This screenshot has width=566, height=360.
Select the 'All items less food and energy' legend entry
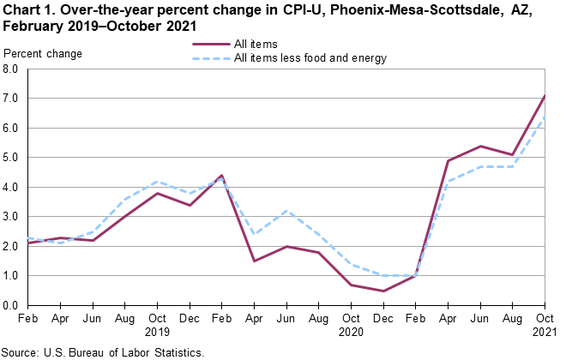coord(310,58)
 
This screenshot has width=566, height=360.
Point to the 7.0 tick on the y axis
coord(11,99)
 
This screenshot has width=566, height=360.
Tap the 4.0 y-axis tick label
coord(11,187)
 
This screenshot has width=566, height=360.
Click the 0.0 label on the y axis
coord(11,305)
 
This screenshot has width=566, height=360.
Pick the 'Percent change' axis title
coord(43,54)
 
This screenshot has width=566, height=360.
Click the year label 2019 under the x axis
coord(156,331)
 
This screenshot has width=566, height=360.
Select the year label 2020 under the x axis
coord(352,331)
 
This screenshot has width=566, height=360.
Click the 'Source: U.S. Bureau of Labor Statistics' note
coord(103,352)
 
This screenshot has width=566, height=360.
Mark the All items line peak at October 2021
coord(545,95)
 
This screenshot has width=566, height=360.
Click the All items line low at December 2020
coord(383,291)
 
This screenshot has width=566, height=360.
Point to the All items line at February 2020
coord(221,175)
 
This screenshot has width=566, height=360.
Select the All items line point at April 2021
coord(449,161)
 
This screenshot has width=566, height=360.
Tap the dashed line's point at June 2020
coord(286,210)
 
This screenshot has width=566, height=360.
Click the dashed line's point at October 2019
coord(156,181)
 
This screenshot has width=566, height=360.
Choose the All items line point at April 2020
coord(254,261)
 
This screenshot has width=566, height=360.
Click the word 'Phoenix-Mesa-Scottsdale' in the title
coord(401,11)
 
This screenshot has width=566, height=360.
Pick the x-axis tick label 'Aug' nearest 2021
coord(513,319)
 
